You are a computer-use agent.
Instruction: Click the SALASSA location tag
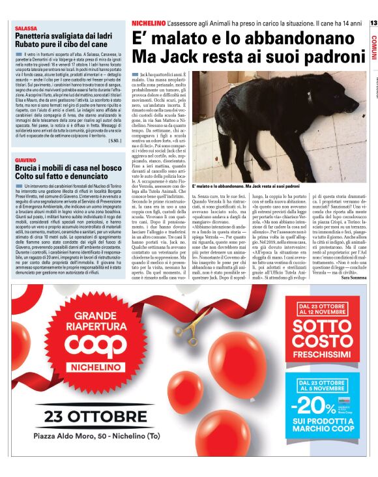click(x=26, y=29)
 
